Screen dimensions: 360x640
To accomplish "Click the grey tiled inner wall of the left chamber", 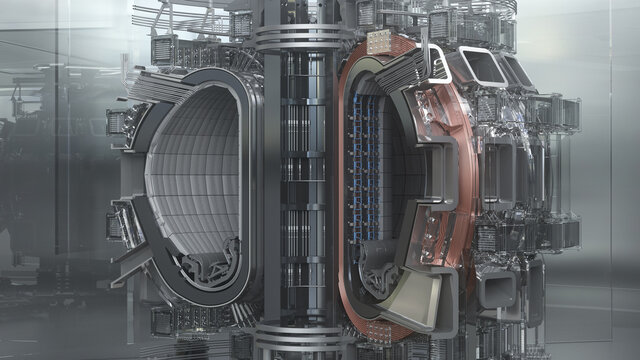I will coord(190,170).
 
